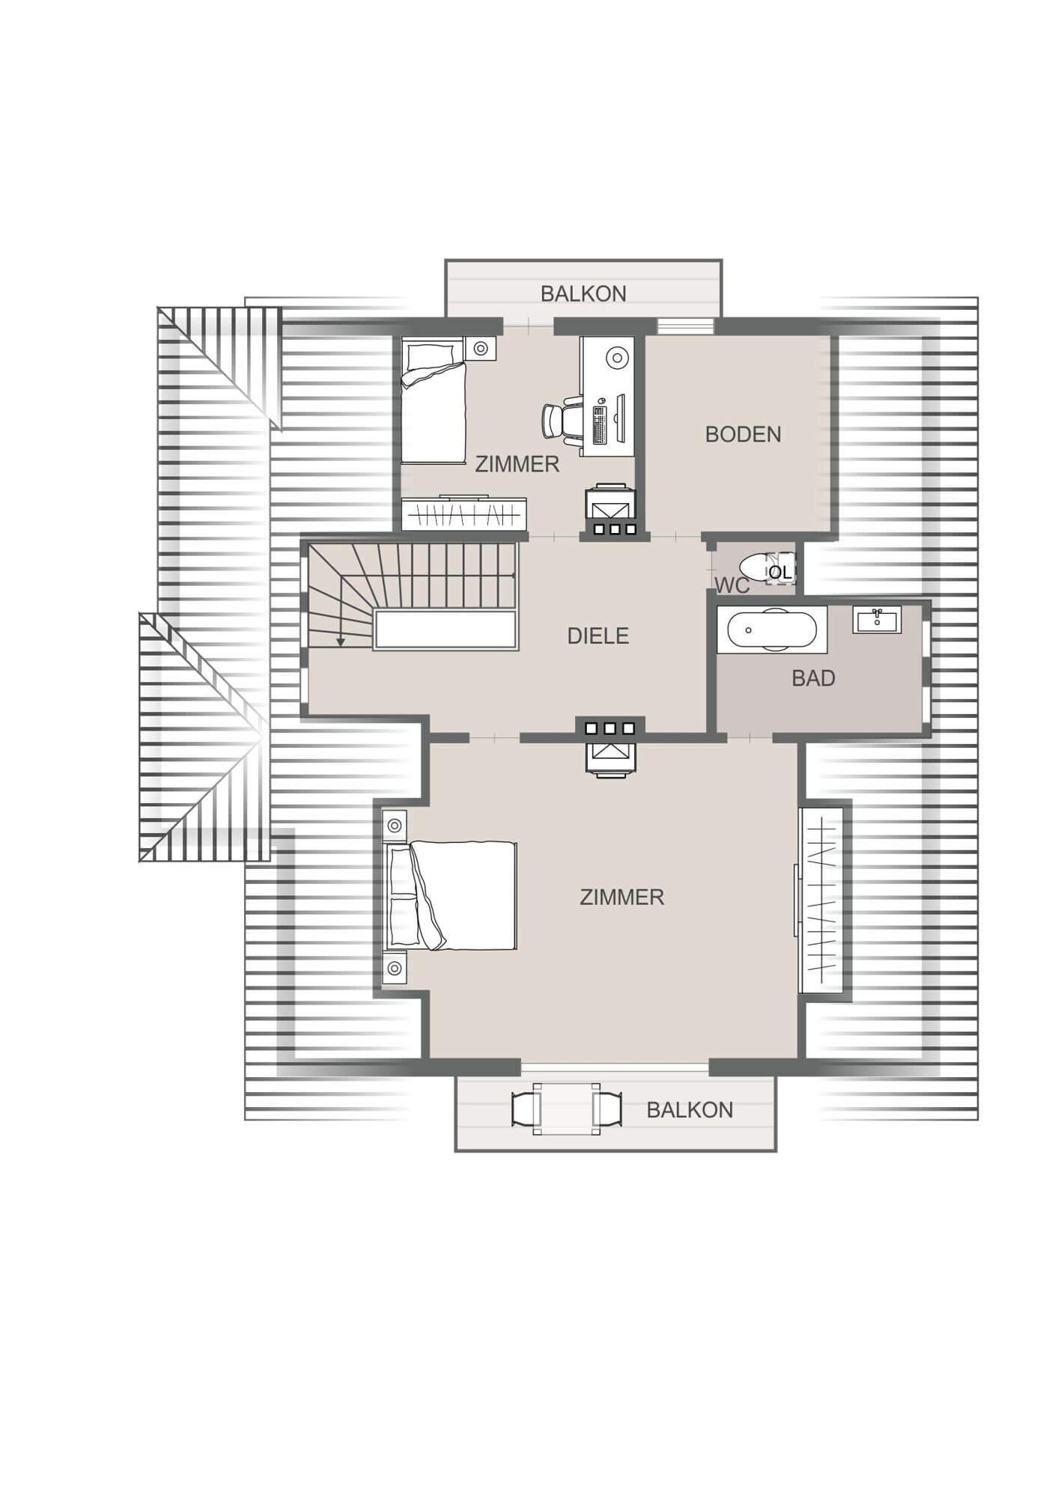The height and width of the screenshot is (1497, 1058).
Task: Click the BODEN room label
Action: point(743,434)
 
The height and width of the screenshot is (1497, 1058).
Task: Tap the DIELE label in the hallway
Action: point(598,636)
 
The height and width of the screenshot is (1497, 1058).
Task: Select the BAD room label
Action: point(813,678)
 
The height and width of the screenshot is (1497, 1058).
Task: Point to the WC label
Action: point(732,585)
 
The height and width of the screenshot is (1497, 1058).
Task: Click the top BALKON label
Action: point(583,294)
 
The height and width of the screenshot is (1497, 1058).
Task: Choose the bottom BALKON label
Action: point(690,1110)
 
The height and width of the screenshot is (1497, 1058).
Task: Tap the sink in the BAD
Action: point(877,620)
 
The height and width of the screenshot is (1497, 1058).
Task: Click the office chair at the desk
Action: point(562,420)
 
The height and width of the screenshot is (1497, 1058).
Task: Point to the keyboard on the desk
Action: point(600,424)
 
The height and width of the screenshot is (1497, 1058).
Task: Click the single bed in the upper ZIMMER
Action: point(433,401)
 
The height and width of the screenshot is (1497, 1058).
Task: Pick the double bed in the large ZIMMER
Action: point(452,895)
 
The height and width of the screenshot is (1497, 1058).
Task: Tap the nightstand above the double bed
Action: point(395,826)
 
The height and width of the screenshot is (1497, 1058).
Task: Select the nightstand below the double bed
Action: point(395,967)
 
